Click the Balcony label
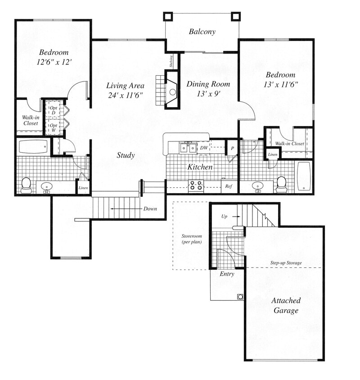(x=202, y=32)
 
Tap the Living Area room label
(x=125, y=86)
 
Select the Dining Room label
(x=208, y=84)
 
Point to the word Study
(x=126, y=155)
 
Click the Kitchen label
(x=200, y=167)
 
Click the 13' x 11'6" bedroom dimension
(x=280, y=84)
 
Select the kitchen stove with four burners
(x=196, y=185)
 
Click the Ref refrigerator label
(x=229, y=186)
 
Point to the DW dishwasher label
(x=204, y=147)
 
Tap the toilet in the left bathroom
(x=26, y=185)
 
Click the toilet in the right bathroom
(x=282, y=184)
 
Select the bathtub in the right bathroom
(x=304, y=176)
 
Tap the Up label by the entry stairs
(x=225, y=217)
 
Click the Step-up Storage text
(x=286, y=262)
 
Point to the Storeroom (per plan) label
(x=191, y=239)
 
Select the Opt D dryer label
(x=54, y=109)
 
